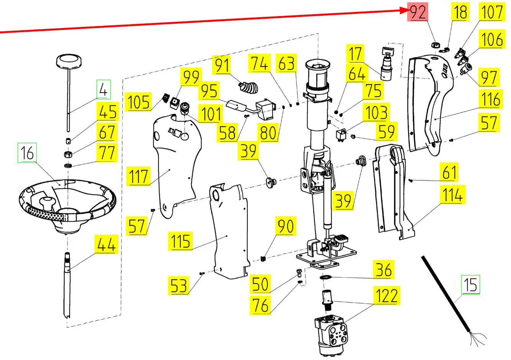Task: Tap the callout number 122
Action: tap(387, 296)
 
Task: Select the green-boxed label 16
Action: tap(27, 153)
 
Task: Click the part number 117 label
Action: tap(139, 177)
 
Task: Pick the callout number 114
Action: tap(452, 195)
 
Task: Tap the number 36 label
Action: tap(383, 270)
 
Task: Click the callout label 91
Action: tap(223, 65)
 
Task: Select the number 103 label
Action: tap(377, 113)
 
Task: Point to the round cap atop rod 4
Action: tap(69, 61)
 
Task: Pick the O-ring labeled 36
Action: tap(326, 277)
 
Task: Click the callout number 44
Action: tap(106, 245)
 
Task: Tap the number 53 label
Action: tap(179, 285)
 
